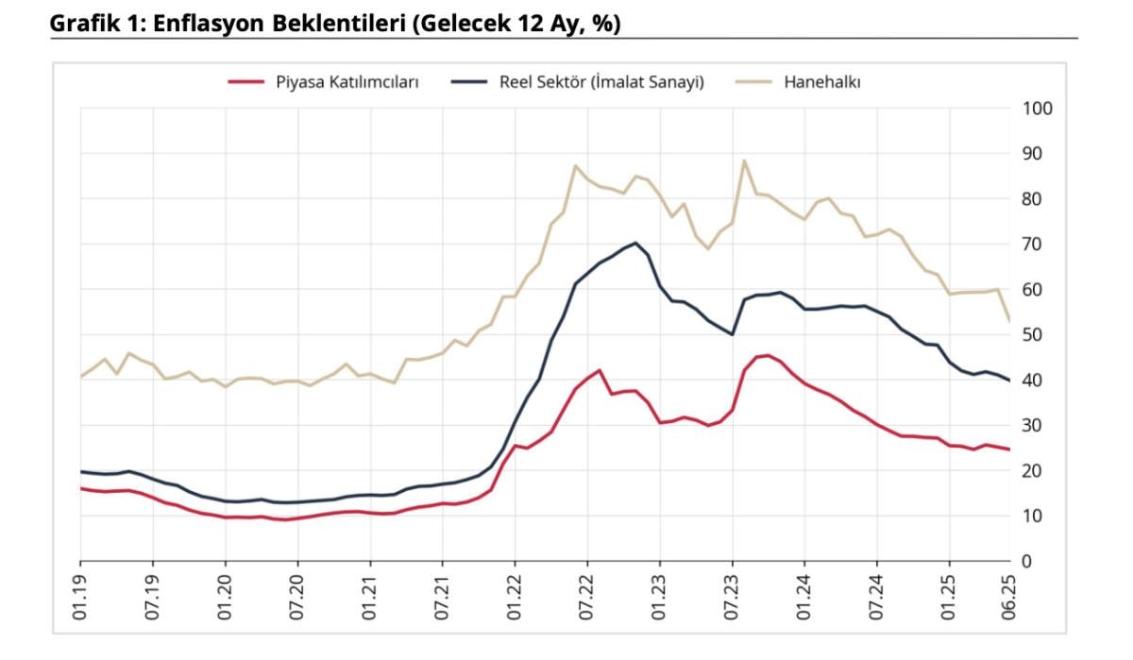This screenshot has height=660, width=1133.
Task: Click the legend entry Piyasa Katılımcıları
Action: (x=347, y=82)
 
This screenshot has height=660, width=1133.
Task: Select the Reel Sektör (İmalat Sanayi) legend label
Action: (x=601, y=82)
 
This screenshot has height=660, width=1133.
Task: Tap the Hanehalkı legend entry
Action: (x=821, y=82)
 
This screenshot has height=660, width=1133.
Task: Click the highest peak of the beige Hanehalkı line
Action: (x=744, y=161)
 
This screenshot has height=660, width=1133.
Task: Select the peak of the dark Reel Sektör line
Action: (x=635, y=243)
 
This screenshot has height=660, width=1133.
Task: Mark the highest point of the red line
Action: (x=768, y=355)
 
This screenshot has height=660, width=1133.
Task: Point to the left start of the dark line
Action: (x=80, y=471)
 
